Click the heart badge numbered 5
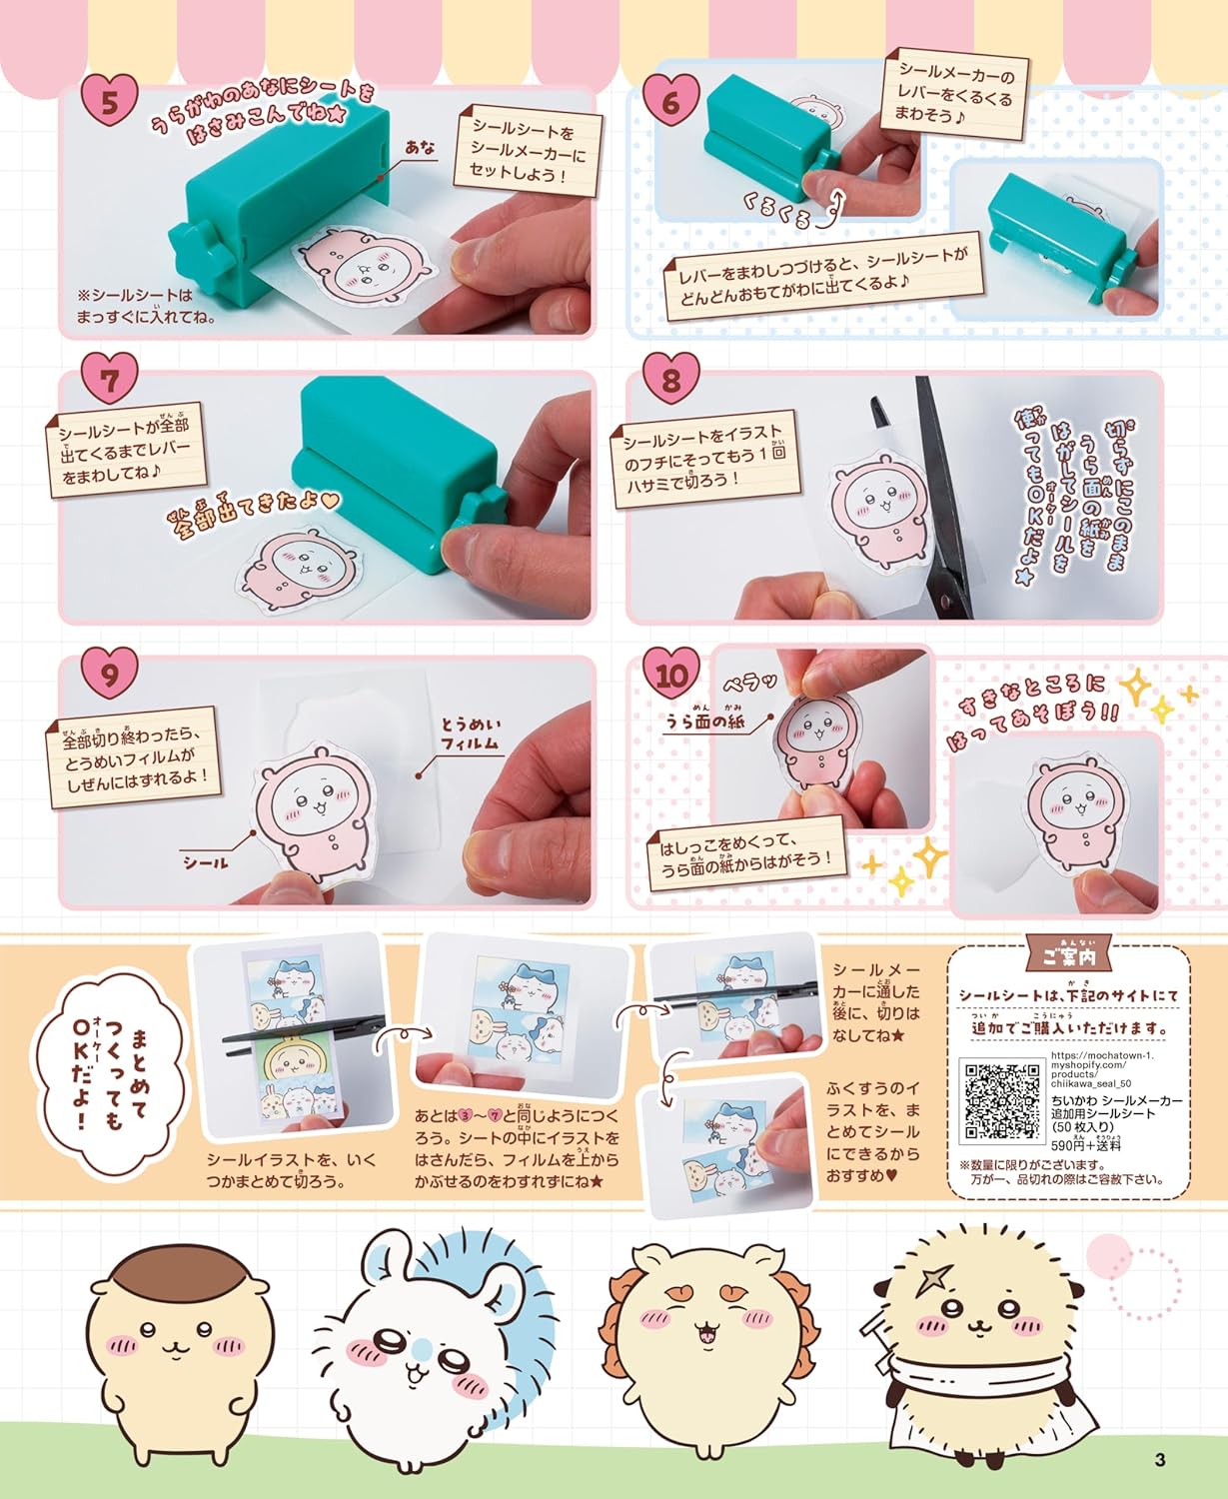[110, 101]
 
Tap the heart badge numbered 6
[671, 100]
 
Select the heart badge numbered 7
[110, 380]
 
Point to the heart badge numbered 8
[671, 380]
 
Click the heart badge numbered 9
[110, 674]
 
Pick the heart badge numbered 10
[671, 675]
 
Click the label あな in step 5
[420, 147]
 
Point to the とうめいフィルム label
[471, 735]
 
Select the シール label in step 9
[206, 862]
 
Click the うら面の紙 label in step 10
[704, 721]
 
